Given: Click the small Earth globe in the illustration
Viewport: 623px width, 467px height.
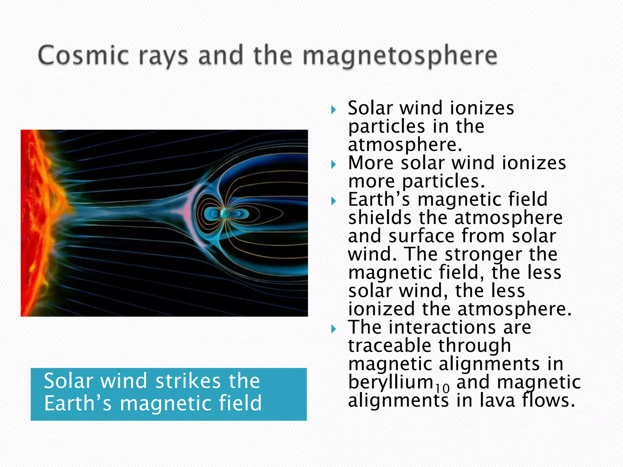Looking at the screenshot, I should pos(225,214).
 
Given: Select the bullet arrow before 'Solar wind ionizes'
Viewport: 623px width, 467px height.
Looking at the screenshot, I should pos(334,110).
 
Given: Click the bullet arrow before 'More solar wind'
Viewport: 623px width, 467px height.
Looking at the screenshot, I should pos(334,165).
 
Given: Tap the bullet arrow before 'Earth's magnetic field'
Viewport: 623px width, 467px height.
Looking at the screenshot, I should pos(334,201).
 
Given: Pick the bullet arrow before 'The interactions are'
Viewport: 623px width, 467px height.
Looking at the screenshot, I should pos(334,329).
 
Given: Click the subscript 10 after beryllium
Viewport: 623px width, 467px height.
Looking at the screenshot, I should pos(442,388).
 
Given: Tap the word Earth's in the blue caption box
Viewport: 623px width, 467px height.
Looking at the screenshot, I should pos(78,403).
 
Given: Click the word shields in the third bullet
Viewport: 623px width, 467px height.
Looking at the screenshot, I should pos(380,218).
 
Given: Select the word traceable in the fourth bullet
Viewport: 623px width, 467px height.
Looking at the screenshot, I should pos(389,346).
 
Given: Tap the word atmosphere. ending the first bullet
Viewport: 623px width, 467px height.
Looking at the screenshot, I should pos(405,145).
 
